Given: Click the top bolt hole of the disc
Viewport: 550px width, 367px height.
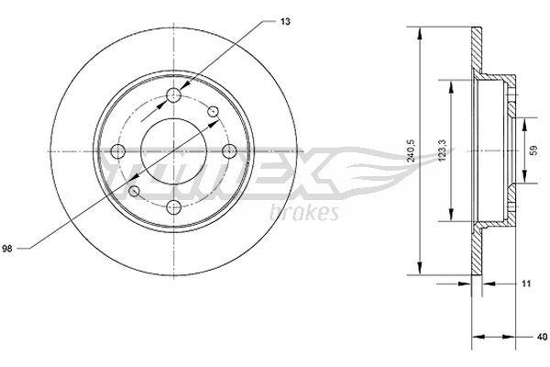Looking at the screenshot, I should point(175,95).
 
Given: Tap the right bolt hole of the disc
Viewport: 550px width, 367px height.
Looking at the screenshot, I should point(229,150).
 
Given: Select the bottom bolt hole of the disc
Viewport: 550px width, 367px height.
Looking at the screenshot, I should point(175,206).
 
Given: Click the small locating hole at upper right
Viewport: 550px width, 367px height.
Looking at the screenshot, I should point(214,111).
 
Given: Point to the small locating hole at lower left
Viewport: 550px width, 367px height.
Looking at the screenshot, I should point(136,190).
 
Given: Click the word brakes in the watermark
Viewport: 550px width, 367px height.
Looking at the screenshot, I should point(305,213).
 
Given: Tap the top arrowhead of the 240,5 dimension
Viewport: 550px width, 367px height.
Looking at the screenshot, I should point(421,33).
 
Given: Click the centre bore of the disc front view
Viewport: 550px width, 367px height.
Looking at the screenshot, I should point(175,150).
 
